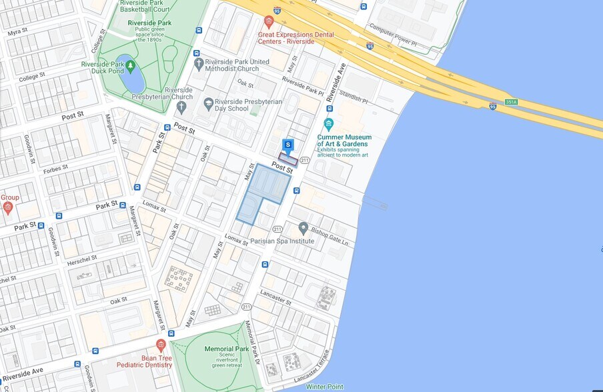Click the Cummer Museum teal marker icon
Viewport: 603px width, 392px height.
click(x=328, y=124)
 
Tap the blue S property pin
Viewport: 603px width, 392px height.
click(x=287, y=145)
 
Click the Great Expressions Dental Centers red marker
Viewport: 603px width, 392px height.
click(x=269, y=21)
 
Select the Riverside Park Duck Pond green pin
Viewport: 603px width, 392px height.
click(x=131, y=65)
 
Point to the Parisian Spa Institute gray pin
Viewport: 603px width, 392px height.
click(x=303, y=228)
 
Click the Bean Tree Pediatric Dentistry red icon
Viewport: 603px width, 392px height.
click(x=160, y=345)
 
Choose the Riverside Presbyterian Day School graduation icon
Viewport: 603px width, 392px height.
click(x=209, y=103)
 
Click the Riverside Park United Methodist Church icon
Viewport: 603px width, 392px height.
click(x=198, y=64)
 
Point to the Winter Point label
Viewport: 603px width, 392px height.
click(x=324, y=387)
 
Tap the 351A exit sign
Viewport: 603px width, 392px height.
click(x=511, y=102)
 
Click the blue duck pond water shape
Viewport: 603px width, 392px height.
click(x=133, y=81)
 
